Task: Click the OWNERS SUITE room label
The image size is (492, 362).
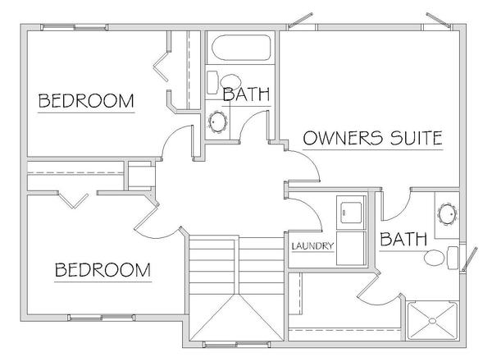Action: pos(373,138)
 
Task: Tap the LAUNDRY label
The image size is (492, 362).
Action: pos(312,245)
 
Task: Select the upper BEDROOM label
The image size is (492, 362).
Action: pos(86,101)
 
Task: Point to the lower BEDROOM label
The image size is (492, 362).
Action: pos(102,270)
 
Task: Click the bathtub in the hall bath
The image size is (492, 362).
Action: pos(241,48)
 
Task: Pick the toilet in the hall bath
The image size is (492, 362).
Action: pos(223,82)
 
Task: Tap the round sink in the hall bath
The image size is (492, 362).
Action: pos(218,121)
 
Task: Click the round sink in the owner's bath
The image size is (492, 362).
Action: pos(448,214)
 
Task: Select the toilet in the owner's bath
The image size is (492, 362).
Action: pos(441,258)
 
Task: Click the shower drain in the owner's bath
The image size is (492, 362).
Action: pos(432,321)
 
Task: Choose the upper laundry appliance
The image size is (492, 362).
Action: pos(351,213)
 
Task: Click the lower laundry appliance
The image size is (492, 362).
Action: pos(351,248)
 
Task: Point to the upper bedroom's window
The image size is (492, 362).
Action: pos(75,27)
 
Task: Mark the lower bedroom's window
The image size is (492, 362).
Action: pos(102,318)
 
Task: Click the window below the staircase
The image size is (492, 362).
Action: pos(237,345)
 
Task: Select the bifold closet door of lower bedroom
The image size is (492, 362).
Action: pos(74,200)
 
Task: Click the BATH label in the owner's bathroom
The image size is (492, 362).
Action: pos(403,239)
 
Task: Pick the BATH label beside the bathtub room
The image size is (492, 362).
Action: pos(246,94)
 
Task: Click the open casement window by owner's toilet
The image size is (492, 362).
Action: pos(470,259)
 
